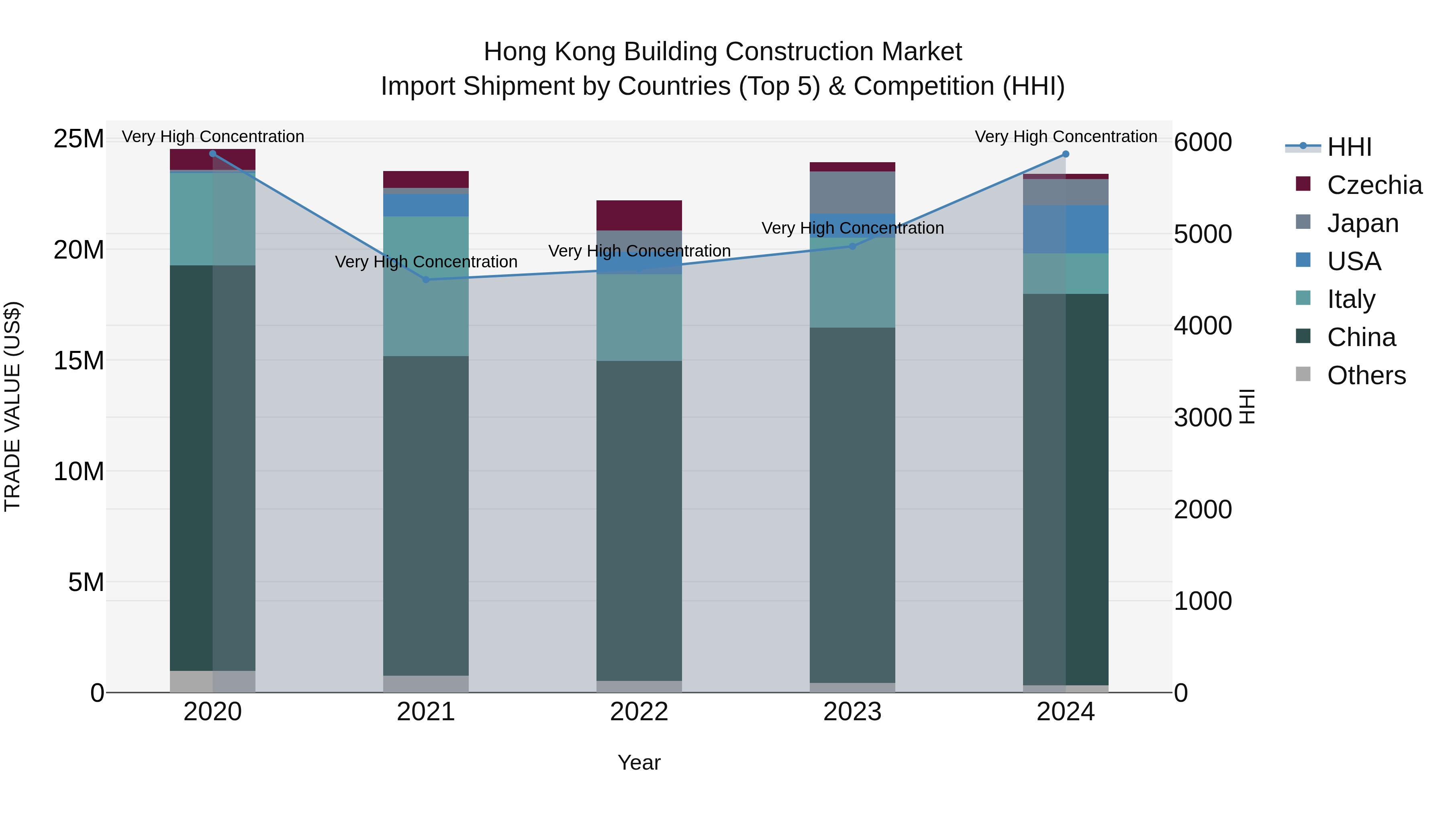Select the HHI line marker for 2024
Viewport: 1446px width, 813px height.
[1065, 154]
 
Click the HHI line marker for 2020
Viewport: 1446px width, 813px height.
[213, 154]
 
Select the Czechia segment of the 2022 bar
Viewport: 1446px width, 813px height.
[639, 215]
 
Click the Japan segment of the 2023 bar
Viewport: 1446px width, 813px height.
[852, 192]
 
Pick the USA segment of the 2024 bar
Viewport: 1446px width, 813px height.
[1065, 229]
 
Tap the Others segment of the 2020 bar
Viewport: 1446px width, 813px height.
[213, 681]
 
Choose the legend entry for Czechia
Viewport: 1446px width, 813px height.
[1374, 185]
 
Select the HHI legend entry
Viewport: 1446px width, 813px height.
[1349, 147]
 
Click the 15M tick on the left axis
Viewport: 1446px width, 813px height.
[79, 360]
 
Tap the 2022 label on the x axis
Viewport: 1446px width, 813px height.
[639, 712]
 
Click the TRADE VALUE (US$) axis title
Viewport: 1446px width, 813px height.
[13, 406]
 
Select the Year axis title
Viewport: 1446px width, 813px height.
[639, 762]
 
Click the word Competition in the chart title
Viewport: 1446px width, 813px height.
[924, 86]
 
